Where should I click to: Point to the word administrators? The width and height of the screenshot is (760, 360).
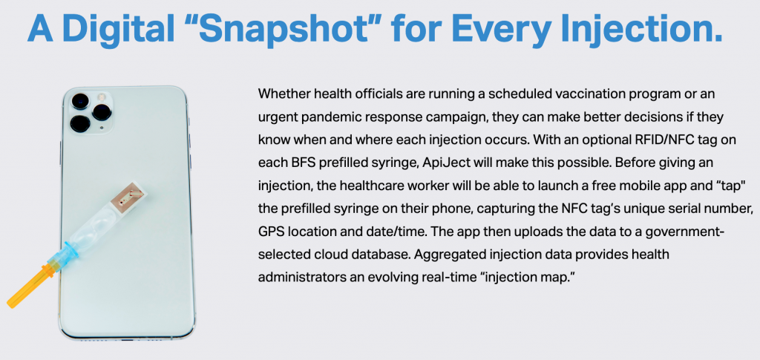point(298,279)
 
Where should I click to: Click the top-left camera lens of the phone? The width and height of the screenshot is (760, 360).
point(80,102)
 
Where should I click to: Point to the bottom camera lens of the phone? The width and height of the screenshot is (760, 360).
point(79,123)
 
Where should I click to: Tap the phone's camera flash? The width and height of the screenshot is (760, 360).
point(102,96)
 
